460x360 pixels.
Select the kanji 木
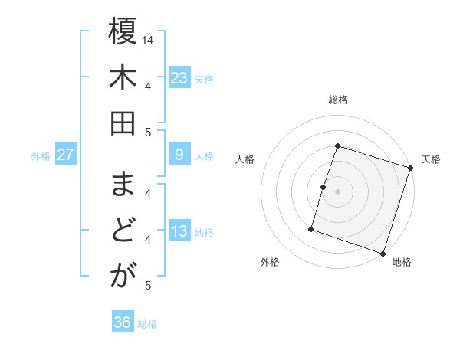pyautogui.click(x=123, y=79)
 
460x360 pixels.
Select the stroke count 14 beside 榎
pyautogui.click(x=148, y=40)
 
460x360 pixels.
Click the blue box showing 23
pyautogui.click(x=179, y=77)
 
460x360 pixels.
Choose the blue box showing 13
pyautogui.click(x=179, y=232)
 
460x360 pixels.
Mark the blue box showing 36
pyautogui.click(x=122, y=322)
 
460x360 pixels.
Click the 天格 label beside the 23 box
pyautogui.click(x=204, y=79)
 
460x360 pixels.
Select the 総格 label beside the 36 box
pyautogui.click(x=147, y=324)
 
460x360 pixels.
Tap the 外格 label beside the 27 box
pyautogui.click(x=41, y=156)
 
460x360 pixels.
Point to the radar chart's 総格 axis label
pyautogui.click(x=337, y=100)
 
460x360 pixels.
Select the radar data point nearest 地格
pyautogui.click(x=383, y=253)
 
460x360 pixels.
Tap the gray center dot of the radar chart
pyautogui.click(x=337, y=191)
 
